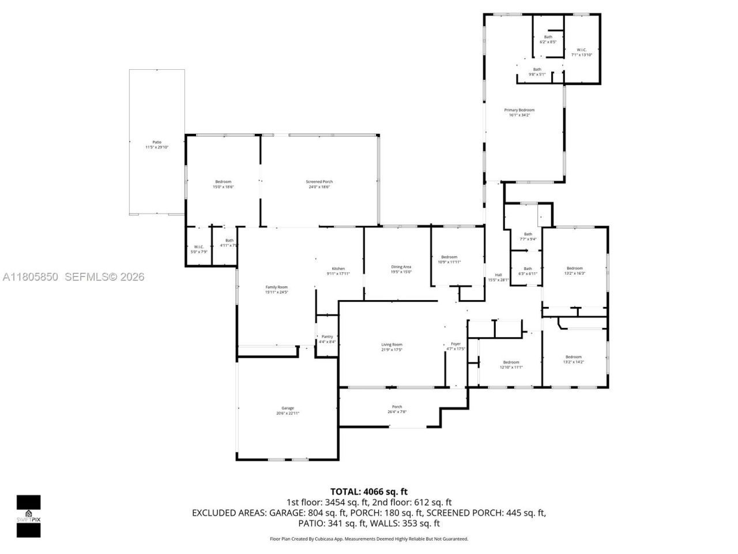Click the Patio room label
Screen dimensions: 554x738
(x=157, y=142)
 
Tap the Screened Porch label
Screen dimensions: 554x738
(x=319, y=182)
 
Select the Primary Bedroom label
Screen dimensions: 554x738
(x=519, y=110)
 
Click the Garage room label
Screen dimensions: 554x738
(x=287, y=408)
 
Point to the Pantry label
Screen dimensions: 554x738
(x=327, y=336)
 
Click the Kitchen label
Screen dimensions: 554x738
(x=338, y=268)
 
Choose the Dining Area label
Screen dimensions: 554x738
(x=401, y=267)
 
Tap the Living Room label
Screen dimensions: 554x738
(x=391, y=345)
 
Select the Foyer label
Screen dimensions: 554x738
(x=455, y=344)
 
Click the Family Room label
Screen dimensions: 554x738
(x=276, y=287)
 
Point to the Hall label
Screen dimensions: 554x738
(x=499, y=275)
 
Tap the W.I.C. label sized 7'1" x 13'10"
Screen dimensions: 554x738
(x=581, y=50)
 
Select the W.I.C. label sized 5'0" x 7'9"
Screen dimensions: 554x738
(x=199, y=247)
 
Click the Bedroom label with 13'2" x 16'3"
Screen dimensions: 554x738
(x=574, y=268)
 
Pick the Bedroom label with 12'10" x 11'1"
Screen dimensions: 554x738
(x=510, y=362)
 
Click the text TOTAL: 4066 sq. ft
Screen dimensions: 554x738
(x=368, y=492)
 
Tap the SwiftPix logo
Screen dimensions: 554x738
(x=28, y=516)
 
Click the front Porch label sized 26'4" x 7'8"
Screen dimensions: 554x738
(x=397, y=407)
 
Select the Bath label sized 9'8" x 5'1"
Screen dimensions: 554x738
(x=537, y=69)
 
